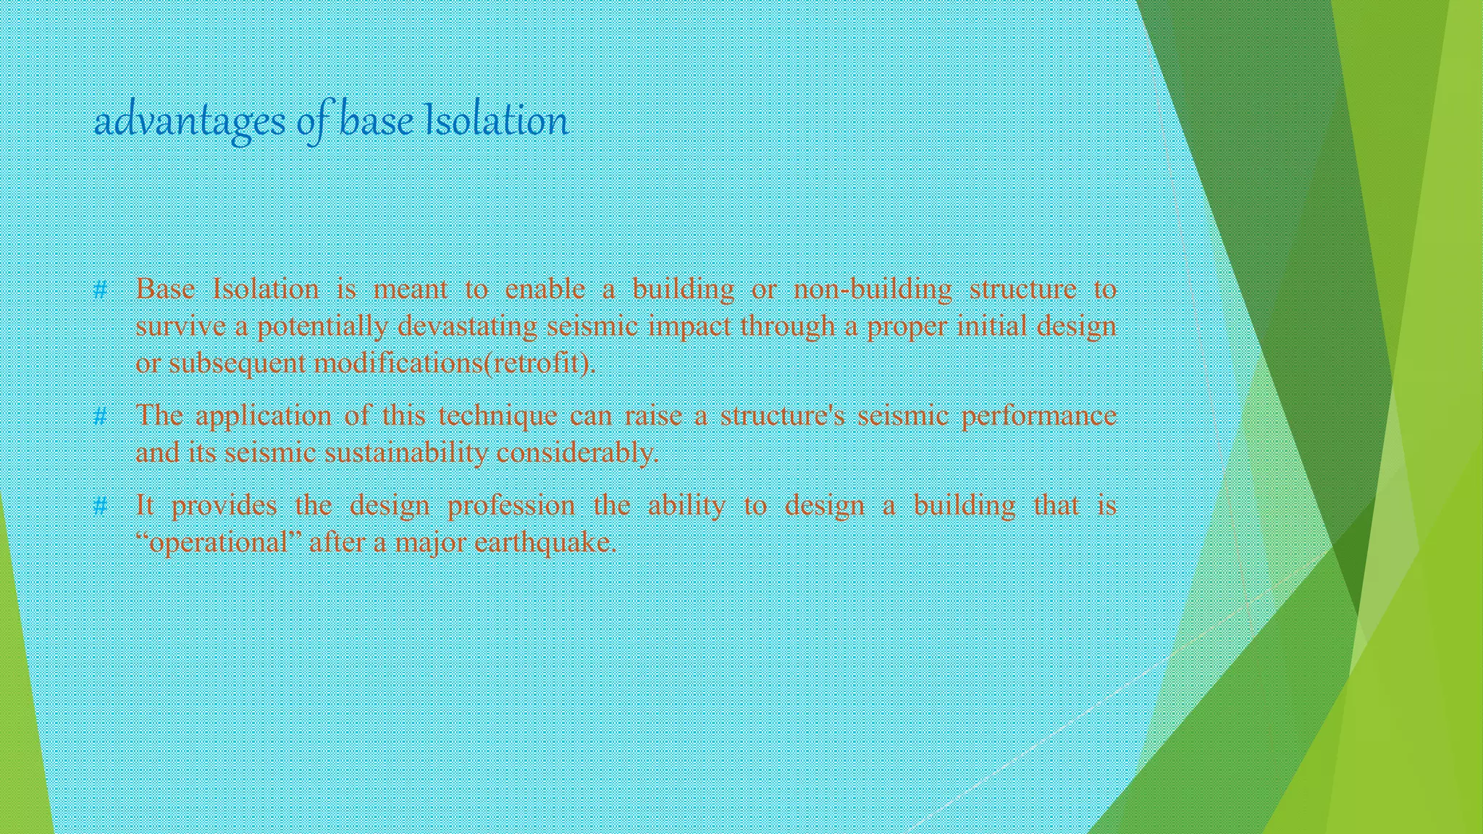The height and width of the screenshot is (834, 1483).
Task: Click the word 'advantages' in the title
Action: pyautogui.click(x=190, y=122)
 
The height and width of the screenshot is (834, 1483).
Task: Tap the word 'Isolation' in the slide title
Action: pyautogui.click(x=496, y=120)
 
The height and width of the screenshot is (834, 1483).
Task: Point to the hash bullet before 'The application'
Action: pyautogui.click(x=101, y=417)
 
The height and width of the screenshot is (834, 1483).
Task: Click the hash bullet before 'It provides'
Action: pyautogui.click(x=101, y=506)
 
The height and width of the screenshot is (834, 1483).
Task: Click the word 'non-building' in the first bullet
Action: pyautogui.click(x=873, y=290)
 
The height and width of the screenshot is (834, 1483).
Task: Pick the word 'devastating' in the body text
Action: pyautogui.click(x=467, y=327)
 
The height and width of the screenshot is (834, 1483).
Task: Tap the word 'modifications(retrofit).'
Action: pyautogui.click(x=455, y=363)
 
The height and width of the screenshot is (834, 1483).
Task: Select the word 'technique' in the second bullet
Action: pyautogui.click(x=497, y=416)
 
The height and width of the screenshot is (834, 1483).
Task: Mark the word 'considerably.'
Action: pyautogui.click(x=578, y=453)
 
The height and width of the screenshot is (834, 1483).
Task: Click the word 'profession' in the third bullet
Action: pyautogui.click(x=511, y=505)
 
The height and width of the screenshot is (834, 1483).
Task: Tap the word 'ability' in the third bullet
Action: pyautogui.click(x=686, y=505)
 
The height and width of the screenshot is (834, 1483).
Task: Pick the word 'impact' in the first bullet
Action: pyautogui.click(x=689, y=327)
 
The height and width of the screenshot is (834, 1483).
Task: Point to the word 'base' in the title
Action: pyautogui.click(x=377, y=120)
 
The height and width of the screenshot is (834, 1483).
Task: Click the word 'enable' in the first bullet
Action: pyautogui.click(x=545, y=290)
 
